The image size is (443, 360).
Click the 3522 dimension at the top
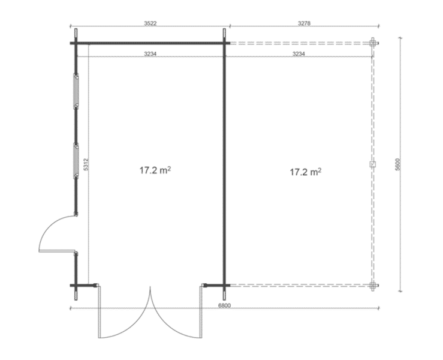pyautogui.click(x=150, y=23)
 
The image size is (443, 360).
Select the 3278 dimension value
pyautogui.click(x=304, y=23)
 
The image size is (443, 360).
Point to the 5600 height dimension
pyautogui.click(x=397, y=164)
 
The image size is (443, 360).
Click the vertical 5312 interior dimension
pyautogui.click(x=86, y=164)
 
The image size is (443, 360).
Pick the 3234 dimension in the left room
pyautogui.click(x=150, y=53)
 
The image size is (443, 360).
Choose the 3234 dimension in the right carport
pyautogui.click(x=299, y=53)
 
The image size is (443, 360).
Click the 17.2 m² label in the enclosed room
pyautogui.click(x=155, y=170)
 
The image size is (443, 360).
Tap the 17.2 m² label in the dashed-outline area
pyautogui.click(x=306, y=172)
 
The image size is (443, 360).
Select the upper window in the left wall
pyautogui.click(x=76, y=91)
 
